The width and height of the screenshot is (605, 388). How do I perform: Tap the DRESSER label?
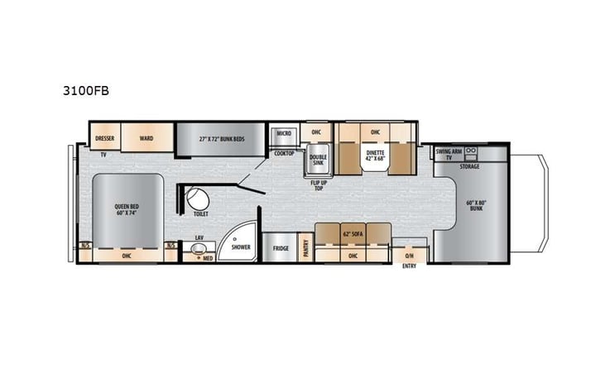tap(104, 138)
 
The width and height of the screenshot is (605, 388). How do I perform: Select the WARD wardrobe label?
tap(146, 138)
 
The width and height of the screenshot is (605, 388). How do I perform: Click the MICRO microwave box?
tap(284, 133)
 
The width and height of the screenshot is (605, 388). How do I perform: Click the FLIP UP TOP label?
tap(318, 184)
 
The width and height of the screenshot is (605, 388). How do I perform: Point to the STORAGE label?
tap(470, 165)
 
